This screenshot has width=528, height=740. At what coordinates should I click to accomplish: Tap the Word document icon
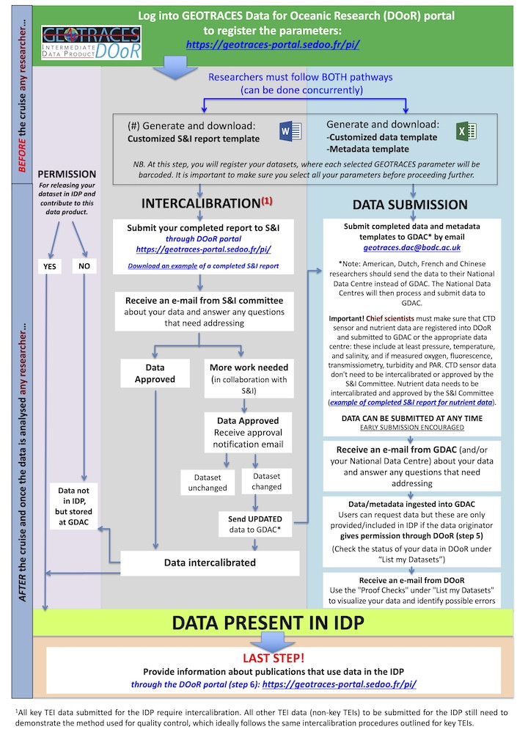tap(289, 131)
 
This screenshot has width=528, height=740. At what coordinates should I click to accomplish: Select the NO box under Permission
tap(85, 266)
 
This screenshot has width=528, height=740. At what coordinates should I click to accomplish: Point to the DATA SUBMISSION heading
tap(410, 205)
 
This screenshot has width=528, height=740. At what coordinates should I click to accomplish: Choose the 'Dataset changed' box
tap(266, 481)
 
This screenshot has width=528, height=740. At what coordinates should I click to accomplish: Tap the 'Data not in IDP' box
tap(76, 506)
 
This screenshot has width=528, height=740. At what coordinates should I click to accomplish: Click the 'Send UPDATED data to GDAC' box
tap(254, 523)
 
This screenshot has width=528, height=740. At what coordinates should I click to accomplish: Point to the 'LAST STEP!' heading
tap(274, 657)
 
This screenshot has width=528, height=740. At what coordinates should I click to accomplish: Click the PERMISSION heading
tap(67, 174)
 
